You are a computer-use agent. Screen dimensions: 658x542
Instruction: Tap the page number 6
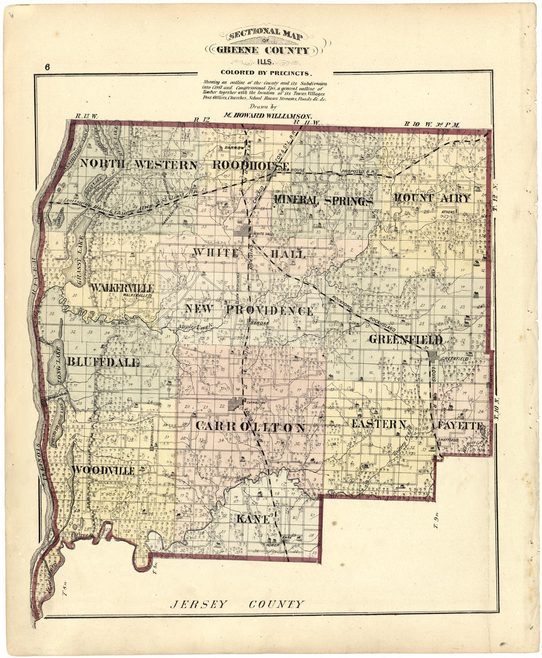coord(47,67)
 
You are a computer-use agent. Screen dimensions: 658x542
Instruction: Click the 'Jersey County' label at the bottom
coord(237,604)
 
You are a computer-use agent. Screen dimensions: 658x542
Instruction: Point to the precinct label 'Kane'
coord(253,519)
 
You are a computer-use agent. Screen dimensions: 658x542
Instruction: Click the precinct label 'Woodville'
coord(103,471)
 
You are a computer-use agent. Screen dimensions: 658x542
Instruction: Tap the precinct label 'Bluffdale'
coord(103,362)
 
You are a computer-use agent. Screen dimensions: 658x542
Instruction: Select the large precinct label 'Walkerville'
coord(123,287)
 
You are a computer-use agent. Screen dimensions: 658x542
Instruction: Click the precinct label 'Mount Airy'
coord(431,198)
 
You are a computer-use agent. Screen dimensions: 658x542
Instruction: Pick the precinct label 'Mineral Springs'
coord(322,200)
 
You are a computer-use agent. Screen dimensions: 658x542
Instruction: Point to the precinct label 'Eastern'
coord(379,424)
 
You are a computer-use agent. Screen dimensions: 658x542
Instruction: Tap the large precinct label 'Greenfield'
coord(405,339)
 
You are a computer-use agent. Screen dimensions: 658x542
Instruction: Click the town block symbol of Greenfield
coord(433,356)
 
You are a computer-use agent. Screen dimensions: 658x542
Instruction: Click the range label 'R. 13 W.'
coord(87,117)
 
